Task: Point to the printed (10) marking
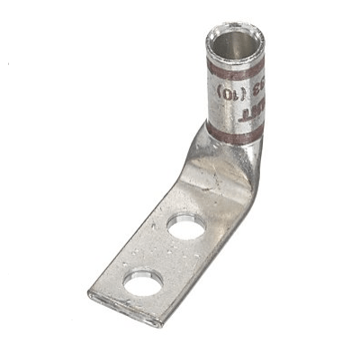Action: click(224, 91)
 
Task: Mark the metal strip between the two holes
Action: click(165, 256)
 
